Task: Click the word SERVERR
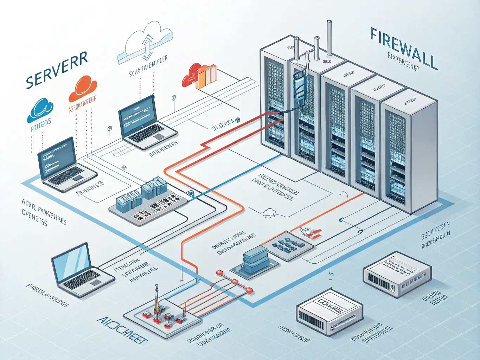click(57, 70)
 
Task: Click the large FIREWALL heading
click(403, 49)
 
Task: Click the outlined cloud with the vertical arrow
click(146, 42)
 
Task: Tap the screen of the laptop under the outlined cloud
click(138, 114)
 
